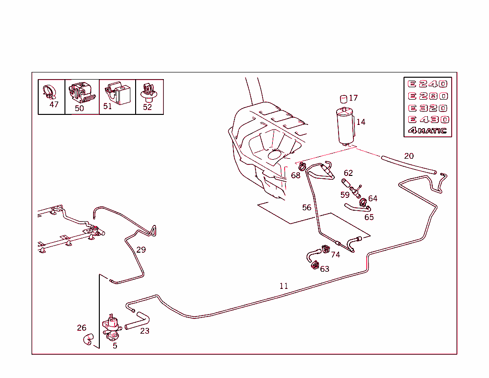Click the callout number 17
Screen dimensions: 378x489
[x=353, y=98]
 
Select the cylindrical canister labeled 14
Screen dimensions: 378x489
[x=346, y=126]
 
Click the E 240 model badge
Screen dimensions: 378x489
[x=427, y=84]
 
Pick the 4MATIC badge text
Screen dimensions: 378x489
[x=427, y=131]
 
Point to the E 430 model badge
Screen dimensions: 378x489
[x=427, y=120]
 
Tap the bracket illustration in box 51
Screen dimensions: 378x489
[x=117, y=92]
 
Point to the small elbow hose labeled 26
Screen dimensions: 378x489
[x=87, y=339]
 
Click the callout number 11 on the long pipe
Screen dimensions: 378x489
[x=284, y=286]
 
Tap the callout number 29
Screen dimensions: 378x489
[x=141, y=249]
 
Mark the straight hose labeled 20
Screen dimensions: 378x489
[x=408, y=164]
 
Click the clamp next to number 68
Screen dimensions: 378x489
[x=302, y=167]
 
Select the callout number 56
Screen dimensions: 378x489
[x=307, y=207]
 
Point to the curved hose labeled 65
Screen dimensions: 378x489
[x=356, y=207]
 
